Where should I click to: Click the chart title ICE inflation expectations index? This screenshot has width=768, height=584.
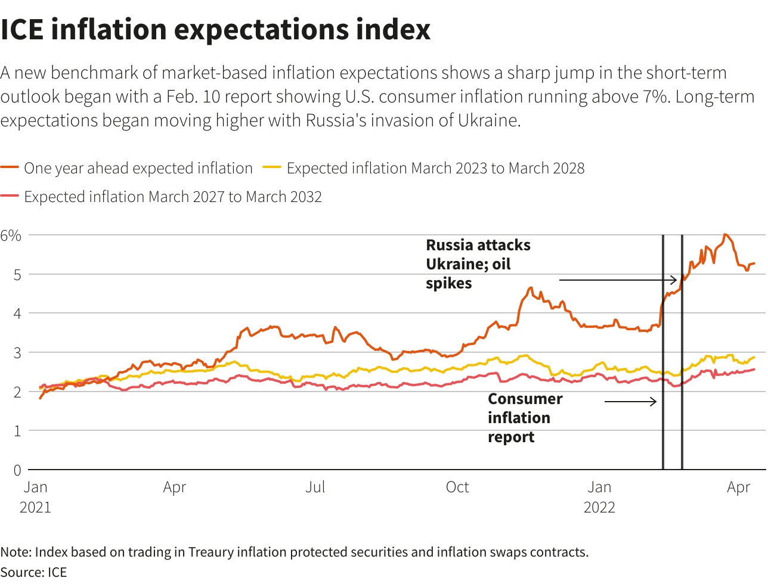pyautogui.click(x=215, y=30)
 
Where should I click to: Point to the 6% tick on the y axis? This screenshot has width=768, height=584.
pyautogui.click(x=11, y=235)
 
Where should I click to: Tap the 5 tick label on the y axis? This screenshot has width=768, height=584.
pyautogui.click(x=17, y=275)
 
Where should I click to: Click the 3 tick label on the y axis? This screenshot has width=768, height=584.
pyautogui.click(x=17, y=353)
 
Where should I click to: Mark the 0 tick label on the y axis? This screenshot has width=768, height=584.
pyautogui.click(x=17, y=470)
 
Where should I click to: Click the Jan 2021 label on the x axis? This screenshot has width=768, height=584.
pyautogui.click(x=36, y=497)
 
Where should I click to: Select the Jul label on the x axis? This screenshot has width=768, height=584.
pyautogui.click(x=315, y=487)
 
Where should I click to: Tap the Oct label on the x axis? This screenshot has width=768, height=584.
pyautogui.click(x=457, y=487)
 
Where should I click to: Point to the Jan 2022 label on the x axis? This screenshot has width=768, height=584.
pyautogui.click(x=599, y=497)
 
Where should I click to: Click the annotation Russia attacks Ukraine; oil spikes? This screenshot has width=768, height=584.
pyautogui.click(x=478, y=264)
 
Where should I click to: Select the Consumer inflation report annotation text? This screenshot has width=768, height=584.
pyautogui.click(x=525, y=418)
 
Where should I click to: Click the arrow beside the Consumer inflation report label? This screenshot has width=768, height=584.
pyautogui.click(x=631, y=402)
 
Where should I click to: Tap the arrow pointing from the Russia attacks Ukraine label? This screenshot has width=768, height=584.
pyautogui.click(x=618, y=279)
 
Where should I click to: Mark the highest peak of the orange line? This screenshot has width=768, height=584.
pyautogui.click(x=725, y=235)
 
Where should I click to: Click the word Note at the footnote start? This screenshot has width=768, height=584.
pyautogui.click(x=14, y=552)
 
